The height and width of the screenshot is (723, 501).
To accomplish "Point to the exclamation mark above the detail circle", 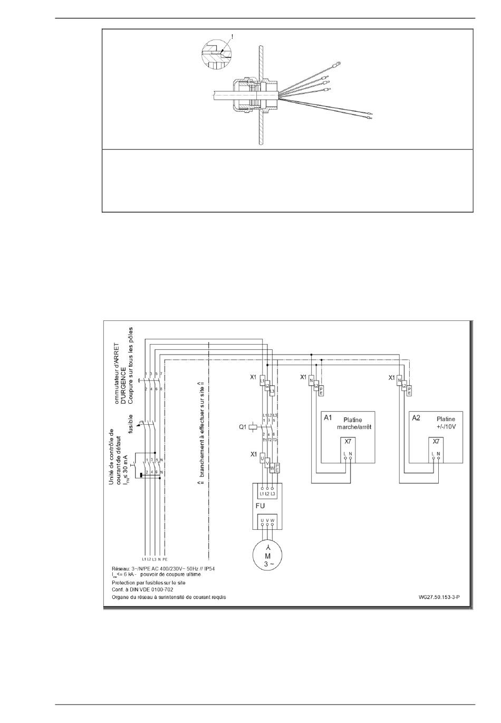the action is tap(229, 37).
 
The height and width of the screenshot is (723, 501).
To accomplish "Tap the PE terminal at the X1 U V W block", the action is tap(277, 467).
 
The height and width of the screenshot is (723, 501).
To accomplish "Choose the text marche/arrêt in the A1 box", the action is tap(354, 427).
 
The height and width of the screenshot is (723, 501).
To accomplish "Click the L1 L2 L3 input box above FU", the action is tap(267, 492).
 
